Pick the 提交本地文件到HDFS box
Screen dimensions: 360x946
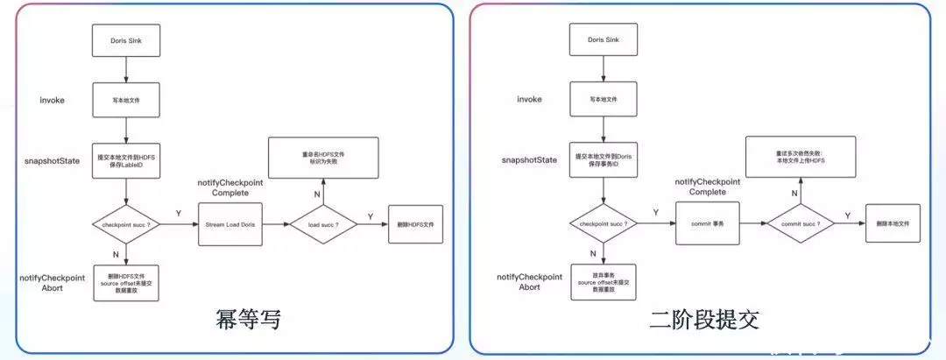coord(126,160)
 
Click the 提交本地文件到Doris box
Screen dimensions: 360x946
coord(602,160)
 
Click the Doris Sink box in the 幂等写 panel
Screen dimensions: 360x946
coord(126,41)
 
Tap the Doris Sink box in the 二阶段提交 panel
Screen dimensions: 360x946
coord(602,41)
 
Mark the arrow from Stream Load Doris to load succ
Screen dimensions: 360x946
coord(275,225)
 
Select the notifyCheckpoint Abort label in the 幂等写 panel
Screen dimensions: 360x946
coord(53,282)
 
